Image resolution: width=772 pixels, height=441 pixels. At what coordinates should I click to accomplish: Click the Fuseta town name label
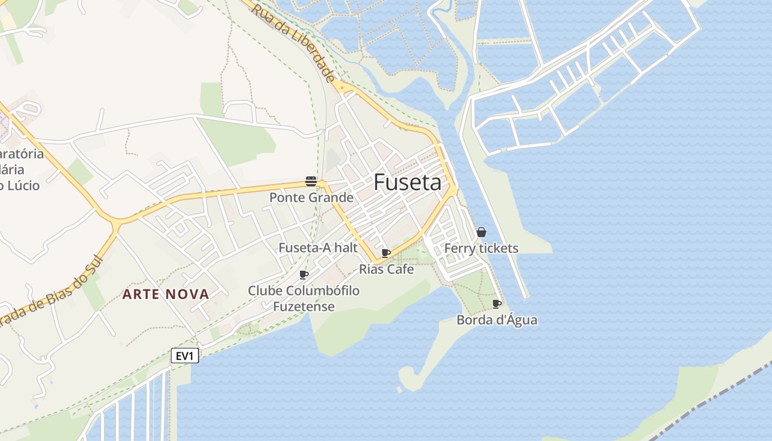(408, 182)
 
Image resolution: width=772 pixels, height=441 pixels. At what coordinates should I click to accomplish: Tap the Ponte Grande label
(311, 197)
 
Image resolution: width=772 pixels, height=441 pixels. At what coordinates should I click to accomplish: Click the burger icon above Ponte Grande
(311, 181)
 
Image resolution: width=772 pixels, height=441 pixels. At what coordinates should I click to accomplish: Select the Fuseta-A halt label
(318, 248)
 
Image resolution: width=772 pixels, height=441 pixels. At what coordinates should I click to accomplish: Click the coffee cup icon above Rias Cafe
(386, 253)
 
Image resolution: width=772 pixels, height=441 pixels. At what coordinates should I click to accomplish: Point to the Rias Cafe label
(386, 269)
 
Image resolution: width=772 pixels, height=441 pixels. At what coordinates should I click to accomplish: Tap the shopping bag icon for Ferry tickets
(481, 232)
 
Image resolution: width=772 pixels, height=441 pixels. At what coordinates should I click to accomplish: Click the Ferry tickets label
(481, 248)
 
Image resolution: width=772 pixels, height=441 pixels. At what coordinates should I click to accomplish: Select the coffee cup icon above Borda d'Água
(497, 304)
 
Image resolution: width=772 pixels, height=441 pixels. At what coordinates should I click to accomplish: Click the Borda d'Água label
(497, 320)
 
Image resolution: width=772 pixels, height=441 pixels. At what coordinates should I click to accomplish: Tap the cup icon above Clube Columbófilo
(303, 275)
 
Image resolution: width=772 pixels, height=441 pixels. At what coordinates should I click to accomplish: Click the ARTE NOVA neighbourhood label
(166, 294)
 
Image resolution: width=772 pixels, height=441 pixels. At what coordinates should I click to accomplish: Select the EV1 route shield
(185, 356)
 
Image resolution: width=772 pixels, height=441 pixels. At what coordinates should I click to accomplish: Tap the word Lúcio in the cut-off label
(23, 185)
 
